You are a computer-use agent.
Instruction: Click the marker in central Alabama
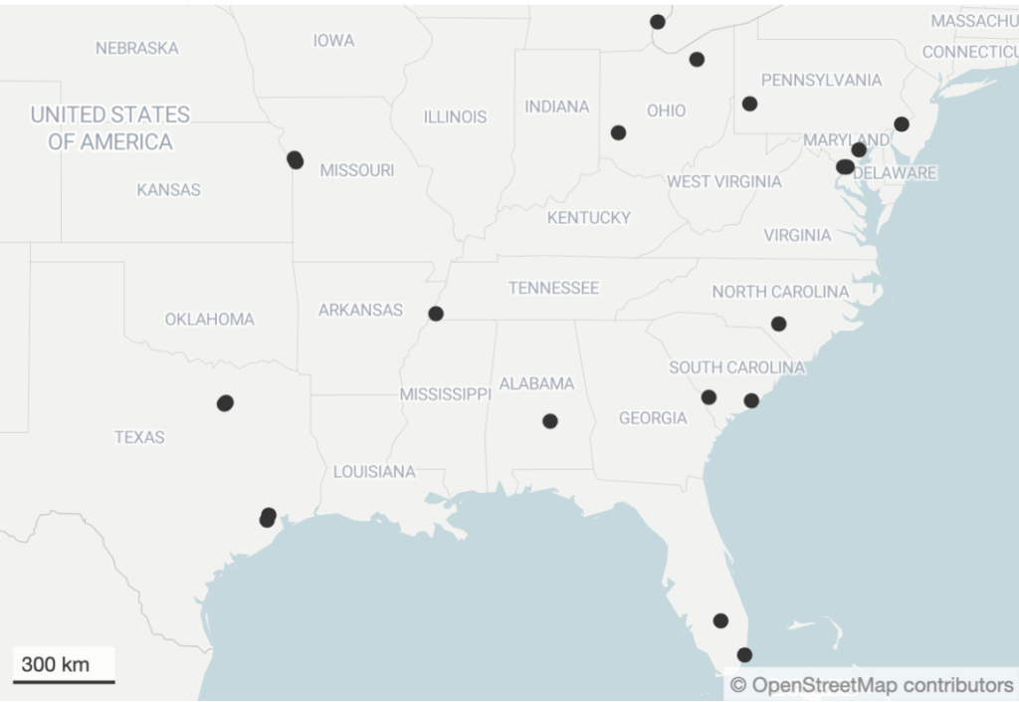coord(550,421)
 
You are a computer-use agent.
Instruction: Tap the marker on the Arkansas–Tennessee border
coord(436,314)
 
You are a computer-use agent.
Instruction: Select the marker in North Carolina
coord(778,324)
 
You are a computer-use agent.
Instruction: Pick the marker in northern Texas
coord(225,403)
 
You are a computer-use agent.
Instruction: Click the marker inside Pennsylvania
coord(749,104)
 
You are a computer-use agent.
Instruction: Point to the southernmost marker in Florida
coord(744,655)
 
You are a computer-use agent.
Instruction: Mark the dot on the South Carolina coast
coord(751,400)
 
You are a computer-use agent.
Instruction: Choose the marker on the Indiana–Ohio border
coord(618,132)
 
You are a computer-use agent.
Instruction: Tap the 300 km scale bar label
coord(55,664)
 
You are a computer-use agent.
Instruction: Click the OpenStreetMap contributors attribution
coord(872,685)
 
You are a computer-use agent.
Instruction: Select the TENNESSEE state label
coord(553,288)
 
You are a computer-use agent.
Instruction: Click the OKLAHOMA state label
coord(209,320)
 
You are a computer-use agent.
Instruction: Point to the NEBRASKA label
coord(137,48)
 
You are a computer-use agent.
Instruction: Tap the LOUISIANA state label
coord(374,472)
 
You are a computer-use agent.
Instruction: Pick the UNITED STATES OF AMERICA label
coord(110,127)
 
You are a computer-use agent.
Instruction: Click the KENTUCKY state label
coord(588,217)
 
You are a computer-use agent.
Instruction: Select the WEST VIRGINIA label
coord(723,181)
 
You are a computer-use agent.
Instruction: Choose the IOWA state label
coord(333,41)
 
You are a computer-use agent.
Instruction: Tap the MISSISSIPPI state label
coord(445,394)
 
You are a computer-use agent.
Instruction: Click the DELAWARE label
coord(895,173)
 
